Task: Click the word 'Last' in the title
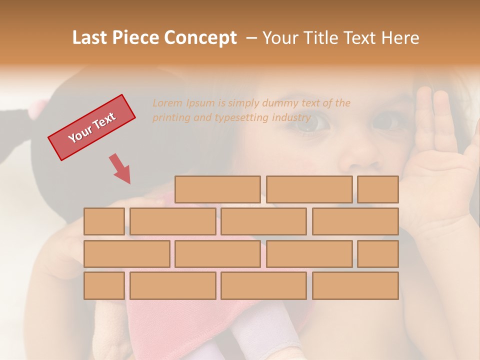(x=89, y=38)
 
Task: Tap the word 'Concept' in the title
(x=200, y=38)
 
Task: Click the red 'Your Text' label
(x=92, y=127)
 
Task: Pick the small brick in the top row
(x=378, y=189)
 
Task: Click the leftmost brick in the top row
(x=217, y=189)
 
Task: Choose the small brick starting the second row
(x=104, y=221)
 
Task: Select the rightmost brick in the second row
(x=355, y=221)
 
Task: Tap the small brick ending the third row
(x=378, y=254)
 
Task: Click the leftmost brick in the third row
(x=126, y=254)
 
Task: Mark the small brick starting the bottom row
(x=104, y=286)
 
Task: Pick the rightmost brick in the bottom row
(x=355, y=286)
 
